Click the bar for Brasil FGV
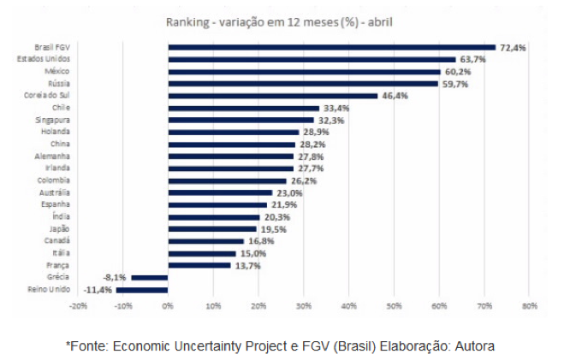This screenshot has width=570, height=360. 332,47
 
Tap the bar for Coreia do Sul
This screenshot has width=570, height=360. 273,96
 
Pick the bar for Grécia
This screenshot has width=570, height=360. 150,278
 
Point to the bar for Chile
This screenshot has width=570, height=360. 244,108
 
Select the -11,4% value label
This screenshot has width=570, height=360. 97,291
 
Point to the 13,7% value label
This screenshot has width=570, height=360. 247,266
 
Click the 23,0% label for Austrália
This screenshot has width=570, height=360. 289,193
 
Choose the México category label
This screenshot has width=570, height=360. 56,72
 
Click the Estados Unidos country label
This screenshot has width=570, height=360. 44,59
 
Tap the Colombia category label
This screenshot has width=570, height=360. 53,180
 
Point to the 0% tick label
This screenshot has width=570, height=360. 168,306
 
